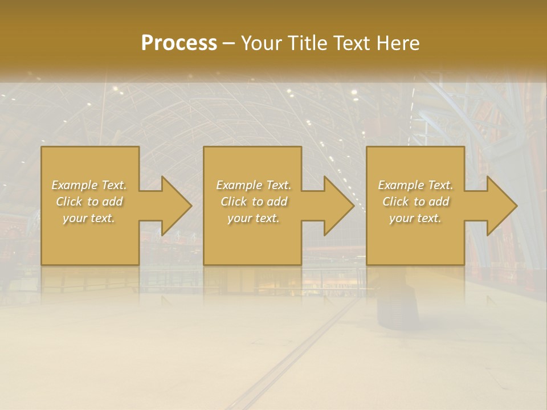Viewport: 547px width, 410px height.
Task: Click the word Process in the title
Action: tap(179, 43)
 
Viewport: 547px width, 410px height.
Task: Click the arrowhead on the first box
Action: tap(174, 206)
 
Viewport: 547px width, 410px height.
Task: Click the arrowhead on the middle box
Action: tap(337, 206)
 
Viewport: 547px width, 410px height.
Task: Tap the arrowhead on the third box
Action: tap(500, 206)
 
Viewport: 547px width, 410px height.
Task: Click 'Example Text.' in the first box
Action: tap(89, 185)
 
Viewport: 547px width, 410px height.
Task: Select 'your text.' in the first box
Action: tap(89, 218)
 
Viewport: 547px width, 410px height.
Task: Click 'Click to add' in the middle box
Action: tap(254, 202)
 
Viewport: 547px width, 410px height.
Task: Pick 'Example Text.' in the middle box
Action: tap(254, 185)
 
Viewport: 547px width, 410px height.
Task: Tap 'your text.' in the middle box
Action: tap(254, 218)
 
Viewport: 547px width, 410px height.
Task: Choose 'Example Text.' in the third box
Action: tap(415, 185)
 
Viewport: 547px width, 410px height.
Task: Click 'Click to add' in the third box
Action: tap(415, 202)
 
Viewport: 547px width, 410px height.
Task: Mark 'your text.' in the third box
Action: tap(415, 218)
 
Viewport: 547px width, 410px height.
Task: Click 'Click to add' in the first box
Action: tap(89, 202)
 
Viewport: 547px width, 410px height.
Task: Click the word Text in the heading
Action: tap(352, 43)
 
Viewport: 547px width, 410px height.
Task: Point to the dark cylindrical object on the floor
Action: tap(397, 305)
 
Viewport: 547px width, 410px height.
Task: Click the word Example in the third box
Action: tap(401, 185)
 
